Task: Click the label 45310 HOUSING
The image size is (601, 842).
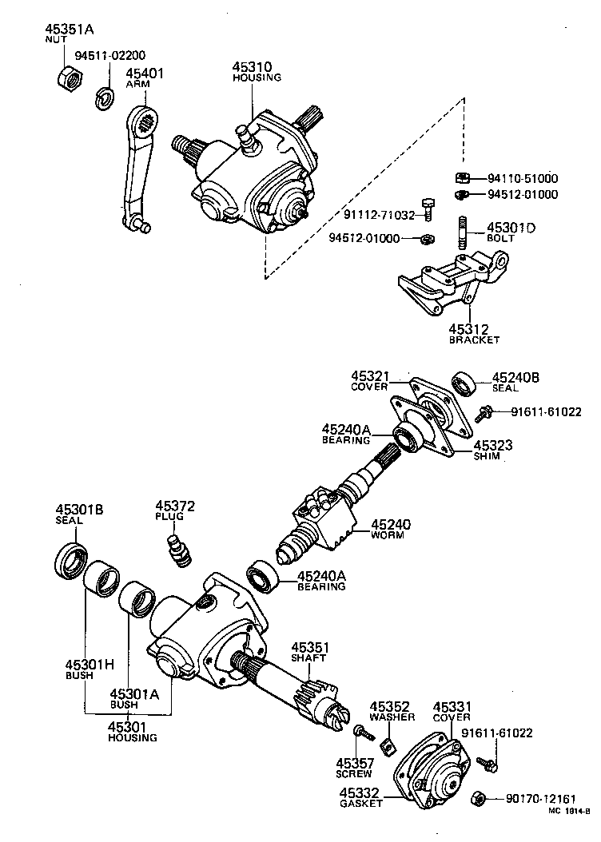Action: (x=256, y=72)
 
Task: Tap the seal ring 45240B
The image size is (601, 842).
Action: (x=464, y=383)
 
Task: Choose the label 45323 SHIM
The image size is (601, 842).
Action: (x=493, y=451)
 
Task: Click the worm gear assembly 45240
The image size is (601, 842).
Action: (x=320, y=519)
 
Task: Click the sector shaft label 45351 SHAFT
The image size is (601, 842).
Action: (x=310, y=651)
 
